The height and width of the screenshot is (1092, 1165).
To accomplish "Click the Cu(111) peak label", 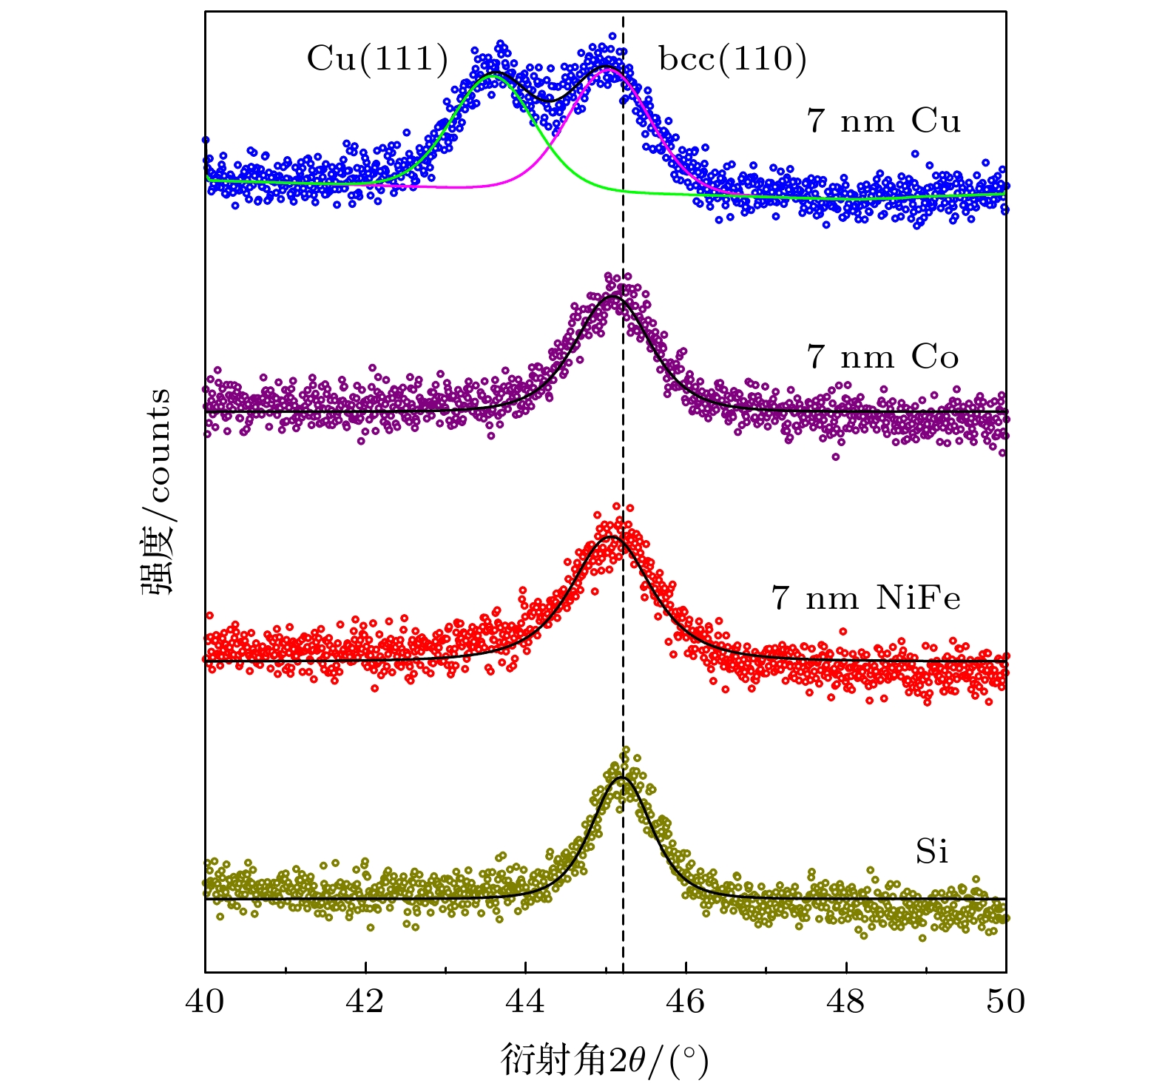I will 377,58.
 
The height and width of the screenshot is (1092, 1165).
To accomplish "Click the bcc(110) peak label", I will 732,58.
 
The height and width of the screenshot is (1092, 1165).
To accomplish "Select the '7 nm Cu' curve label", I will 884,121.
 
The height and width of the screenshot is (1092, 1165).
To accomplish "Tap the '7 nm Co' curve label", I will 882,357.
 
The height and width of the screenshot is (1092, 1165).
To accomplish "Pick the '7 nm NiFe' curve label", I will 865,598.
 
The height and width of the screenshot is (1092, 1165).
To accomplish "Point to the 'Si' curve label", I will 931,852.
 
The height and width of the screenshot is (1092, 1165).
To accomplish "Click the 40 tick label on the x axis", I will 205,1002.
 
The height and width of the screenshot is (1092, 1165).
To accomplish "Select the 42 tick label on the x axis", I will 365,1002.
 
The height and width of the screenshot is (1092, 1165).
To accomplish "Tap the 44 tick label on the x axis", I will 525,1002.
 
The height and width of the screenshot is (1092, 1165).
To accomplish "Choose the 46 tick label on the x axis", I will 686,1002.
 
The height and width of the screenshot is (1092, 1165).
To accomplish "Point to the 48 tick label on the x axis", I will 845,1002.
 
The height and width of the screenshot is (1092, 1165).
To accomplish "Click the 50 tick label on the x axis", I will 1006,1002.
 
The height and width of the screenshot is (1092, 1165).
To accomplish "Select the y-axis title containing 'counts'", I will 156,491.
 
